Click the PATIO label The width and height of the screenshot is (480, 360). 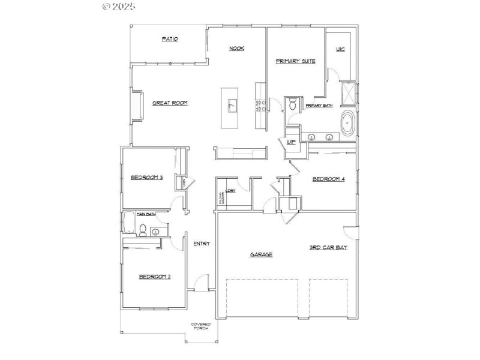170,39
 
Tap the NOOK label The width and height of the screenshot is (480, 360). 236,49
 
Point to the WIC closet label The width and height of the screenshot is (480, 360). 340,49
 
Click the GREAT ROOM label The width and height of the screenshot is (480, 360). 170,103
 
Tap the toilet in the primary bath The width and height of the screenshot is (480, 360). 292,105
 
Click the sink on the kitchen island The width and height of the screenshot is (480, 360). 232,107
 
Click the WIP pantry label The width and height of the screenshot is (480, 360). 292,142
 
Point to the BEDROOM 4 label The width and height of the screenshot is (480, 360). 329,179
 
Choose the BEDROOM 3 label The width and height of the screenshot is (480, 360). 147,177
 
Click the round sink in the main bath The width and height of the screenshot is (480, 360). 156,232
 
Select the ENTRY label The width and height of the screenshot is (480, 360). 201,243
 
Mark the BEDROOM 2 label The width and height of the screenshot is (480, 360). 155,277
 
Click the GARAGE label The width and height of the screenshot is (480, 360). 261,254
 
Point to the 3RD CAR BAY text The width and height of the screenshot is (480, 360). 328,247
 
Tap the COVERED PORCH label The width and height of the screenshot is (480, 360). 200,326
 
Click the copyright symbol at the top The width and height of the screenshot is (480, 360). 107,7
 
